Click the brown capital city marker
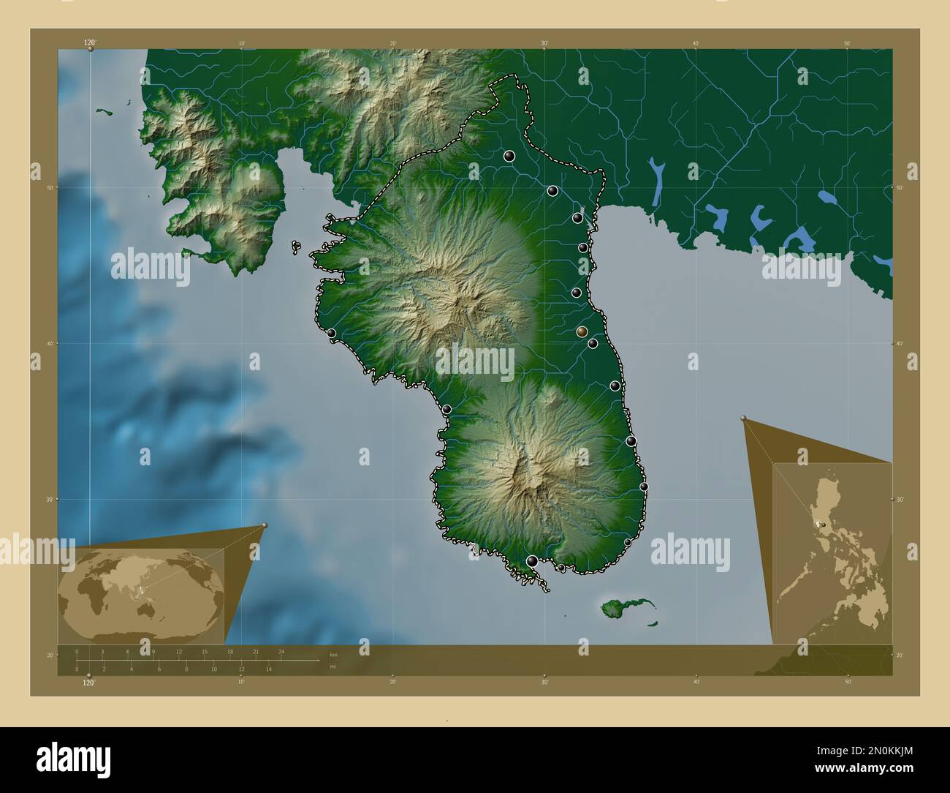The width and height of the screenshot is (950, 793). (x=582, y=332)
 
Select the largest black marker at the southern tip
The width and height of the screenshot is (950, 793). (x=532, y=561)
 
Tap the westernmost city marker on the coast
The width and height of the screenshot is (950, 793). (x=331, y=333)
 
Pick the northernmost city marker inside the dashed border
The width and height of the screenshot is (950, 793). (x=509, y=156)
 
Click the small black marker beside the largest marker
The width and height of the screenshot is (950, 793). (x=560, y=567)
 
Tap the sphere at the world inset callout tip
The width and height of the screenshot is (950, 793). (x=265, y=525)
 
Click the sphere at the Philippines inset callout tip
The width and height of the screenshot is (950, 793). (x=744, y=418)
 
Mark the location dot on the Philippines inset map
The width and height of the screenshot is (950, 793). (x=824, y=525)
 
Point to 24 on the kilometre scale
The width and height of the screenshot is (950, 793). (x=281, y=651)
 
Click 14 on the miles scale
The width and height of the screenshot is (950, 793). (x=269, y=669)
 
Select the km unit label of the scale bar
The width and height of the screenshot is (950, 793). (x=333, y=654)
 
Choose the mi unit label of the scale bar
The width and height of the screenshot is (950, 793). (x=333, y=666)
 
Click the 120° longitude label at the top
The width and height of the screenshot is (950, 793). (x=90, y=43)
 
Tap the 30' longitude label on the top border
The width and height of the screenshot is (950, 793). (x=544, y=43)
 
